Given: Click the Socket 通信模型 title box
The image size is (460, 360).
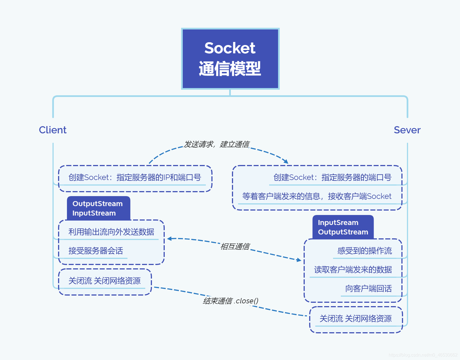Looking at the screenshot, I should [x=230, y=59].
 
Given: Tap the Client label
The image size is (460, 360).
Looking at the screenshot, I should [x=52, y=130].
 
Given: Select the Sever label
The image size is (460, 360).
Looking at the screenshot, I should [x=407, y=130].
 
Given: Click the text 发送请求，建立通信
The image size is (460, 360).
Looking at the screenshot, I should [x=217, y=144].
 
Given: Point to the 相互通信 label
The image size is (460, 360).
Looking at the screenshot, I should [x=235, y=246].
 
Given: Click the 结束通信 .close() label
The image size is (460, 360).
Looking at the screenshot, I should [x=231, y=301].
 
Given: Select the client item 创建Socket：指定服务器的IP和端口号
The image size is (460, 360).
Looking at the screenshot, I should [x=135, y=177].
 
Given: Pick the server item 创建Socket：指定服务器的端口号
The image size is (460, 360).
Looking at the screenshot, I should [x=332, y=177].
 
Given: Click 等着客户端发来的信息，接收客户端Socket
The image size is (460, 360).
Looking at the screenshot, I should [x=317, y=196].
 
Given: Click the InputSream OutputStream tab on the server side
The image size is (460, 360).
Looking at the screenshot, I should [x=343, y=227].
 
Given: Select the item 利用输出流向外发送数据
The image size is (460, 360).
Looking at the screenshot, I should [x=111, y=232].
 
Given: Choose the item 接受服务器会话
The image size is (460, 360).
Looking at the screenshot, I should [x=96, y=251].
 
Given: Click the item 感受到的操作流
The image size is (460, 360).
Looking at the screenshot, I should [x=364, y=251].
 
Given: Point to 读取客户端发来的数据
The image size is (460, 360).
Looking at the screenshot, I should [x=353, y=270].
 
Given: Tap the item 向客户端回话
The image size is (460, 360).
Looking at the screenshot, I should [x=368, y=289].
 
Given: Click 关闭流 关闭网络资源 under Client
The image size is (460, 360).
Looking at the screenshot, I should [x=104, y=281].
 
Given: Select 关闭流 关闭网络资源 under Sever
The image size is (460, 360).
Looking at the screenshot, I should [x=356, y=319].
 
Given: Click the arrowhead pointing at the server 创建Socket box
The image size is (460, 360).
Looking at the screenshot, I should [x=286, y=161].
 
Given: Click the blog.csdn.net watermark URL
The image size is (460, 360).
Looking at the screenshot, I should [x=423, y=355].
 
